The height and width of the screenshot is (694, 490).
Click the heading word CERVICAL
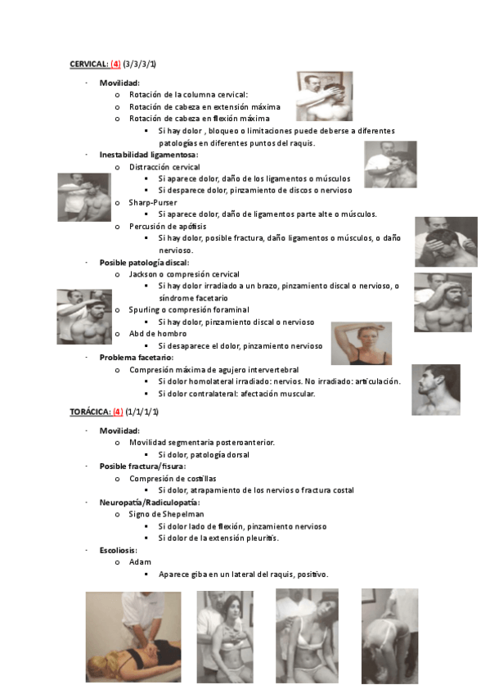pos(88,63)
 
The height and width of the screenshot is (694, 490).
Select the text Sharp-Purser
pos(153,202)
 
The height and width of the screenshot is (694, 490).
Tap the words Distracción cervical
pos(164,167)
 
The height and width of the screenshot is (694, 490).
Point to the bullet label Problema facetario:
pos(137,358)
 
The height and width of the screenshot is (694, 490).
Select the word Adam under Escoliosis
pos(140,562)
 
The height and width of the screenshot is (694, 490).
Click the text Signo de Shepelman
pos(166,514)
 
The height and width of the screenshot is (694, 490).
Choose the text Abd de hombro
pos(157,334)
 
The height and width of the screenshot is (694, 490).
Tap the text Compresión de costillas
pos(173,478)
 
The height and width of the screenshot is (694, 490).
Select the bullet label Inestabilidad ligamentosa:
pos(149,155)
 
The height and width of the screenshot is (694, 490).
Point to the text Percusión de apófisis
pos(168,226)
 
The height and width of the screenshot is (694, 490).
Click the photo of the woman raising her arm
pos(361,342)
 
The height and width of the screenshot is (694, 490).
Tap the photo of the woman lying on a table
pos(133,637)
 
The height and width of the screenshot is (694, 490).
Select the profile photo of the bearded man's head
pos(435,389)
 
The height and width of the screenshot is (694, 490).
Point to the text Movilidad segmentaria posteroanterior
pos(201,442)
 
